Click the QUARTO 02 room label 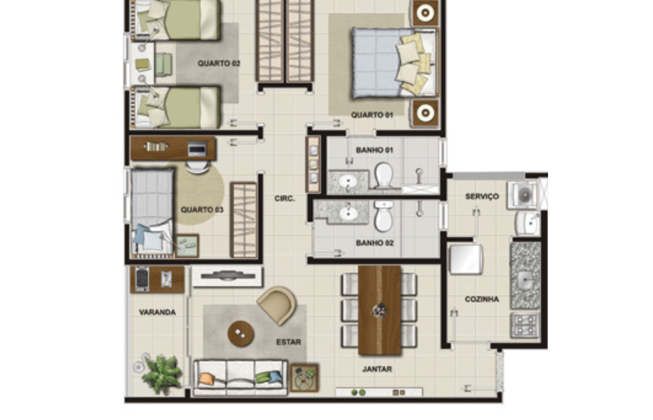219,63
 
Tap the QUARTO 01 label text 372,115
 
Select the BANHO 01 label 374,150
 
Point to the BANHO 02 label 375,243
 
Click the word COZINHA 482,299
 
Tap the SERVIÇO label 482,197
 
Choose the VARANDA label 158,312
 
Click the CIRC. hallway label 284,199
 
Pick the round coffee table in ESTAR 240,334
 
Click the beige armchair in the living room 277,304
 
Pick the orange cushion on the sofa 207,379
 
